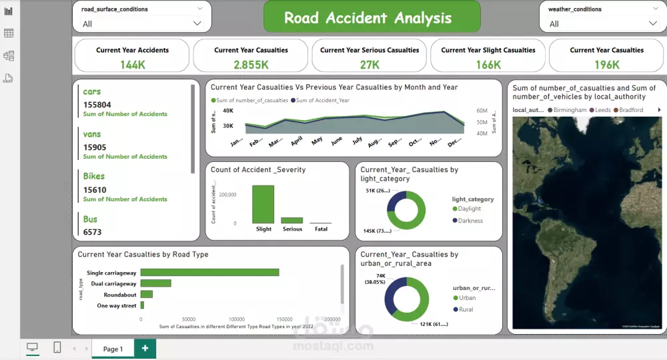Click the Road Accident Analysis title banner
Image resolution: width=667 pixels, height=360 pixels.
[x=372, y=17]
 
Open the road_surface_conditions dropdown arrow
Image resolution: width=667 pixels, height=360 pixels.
[x=197, y=23]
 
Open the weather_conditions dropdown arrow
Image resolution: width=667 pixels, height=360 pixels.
[x=653, y=23]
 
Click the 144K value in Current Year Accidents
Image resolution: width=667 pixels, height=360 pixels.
[x=132, y=65]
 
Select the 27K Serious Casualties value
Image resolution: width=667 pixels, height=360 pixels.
[x=369, y=65]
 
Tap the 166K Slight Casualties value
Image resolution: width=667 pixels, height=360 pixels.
[x=488, y=65]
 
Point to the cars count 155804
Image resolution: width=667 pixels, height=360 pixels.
[x=97, y=105]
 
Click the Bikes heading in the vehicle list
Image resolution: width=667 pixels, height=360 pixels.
[x=94, y=176]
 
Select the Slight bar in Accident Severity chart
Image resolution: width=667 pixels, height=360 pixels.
[x=263, y=204]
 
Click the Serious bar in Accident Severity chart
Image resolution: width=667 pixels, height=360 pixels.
[x=292, y=220]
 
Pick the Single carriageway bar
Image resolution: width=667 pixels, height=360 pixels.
[x=209, y=272]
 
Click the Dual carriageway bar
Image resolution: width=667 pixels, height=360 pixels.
[x=155, y=283]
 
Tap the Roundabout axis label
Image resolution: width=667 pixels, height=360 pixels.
[x=120, y=295]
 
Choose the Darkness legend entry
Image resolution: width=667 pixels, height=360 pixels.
[x=470, y=221]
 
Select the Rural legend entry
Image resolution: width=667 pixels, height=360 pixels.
[x=467, y=309]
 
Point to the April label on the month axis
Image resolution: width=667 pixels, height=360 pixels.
[x=297, y=141]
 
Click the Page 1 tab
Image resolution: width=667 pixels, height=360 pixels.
[x=112, y=349]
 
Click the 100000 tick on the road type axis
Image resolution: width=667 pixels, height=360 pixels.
[x=236, y=319]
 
